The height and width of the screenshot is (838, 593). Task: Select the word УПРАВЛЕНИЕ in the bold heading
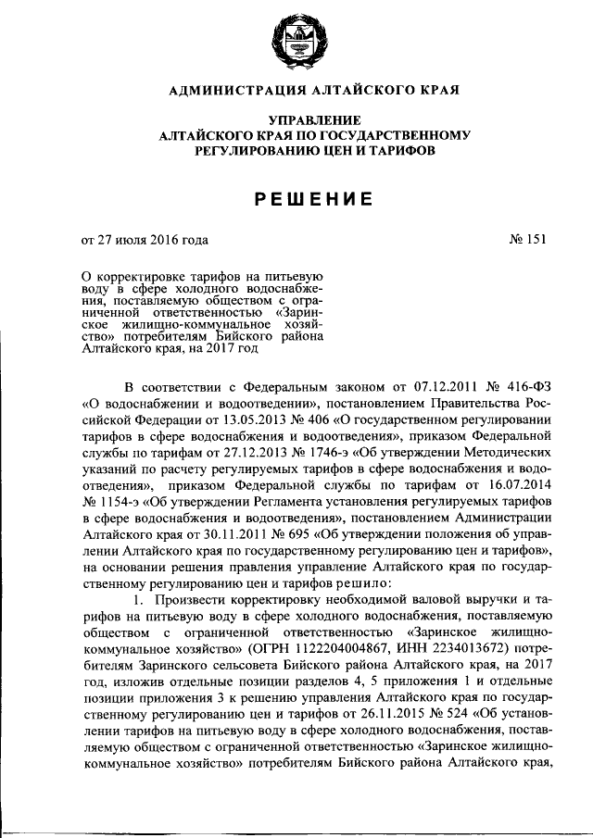296,120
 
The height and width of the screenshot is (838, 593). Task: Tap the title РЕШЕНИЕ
296,199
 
